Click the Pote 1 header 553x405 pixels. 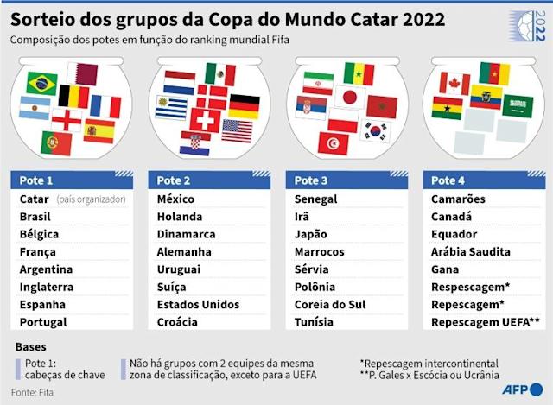tap(36, 180)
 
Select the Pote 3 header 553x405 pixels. tap(311, 180)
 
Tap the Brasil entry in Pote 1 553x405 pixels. tap(35, 217)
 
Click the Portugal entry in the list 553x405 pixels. tap(42, 322)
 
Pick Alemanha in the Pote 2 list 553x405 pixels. tap(184, 251)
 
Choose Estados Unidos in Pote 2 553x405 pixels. tap(198, 304)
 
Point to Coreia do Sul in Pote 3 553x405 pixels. tap(330, 304)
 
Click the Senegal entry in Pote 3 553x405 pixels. tap(315, 199)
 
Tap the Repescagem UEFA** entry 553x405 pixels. tap(486, 322)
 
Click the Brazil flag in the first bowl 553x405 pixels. tap(41, 83)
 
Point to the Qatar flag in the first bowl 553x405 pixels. tap(83, 72)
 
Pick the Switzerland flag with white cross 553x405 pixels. tap(206, 118)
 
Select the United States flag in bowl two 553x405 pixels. tap(236, 130)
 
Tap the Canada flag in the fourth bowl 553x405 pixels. tap(454, 83)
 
